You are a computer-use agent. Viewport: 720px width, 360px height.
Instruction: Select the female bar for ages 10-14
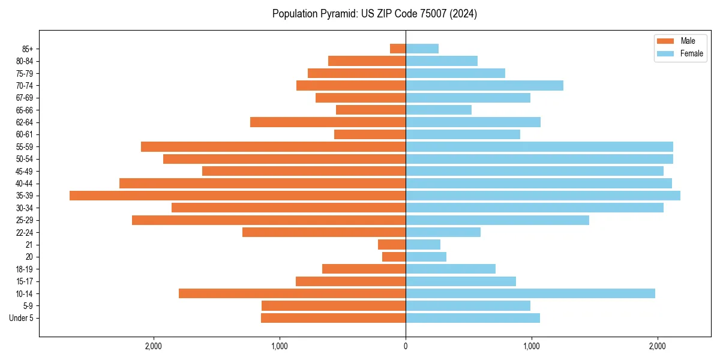coord(530,293)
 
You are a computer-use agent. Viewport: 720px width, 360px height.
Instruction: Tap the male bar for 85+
coord(398,49)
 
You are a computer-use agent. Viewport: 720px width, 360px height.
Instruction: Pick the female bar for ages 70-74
coord(485,85)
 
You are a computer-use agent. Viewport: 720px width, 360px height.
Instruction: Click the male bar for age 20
coord(394,257)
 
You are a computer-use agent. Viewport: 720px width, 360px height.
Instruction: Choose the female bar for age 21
coord(423,244)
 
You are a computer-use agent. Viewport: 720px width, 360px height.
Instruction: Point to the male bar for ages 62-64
coord(328,122)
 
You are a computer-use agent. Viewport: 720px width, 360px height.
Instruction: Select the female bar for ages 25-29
coord(497,220)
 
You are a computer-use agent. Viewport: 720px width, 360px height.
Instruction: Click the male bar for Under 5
coord(334,318)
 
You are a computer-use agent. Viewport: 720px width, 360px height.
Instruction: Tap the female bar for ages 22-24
coord(443,232)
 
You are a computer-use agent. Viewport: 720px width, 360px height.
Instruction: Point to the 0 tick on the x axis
coord(406,346)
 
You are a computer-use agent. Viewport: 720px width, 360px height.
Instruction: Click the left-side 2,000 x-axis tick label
coord(154,346)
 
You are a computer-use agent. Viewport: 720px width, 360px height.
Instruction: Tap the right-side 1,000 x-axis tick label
coord(532,346)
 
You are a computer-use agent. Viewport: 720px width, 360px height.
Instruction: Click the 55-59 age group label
coord(25,146)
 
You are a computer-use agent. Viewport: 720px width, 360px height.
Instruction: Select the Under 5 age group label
coord(21,318)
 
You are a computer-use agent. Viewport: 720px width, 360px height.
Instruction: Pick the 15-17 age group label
coord(25,281)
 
